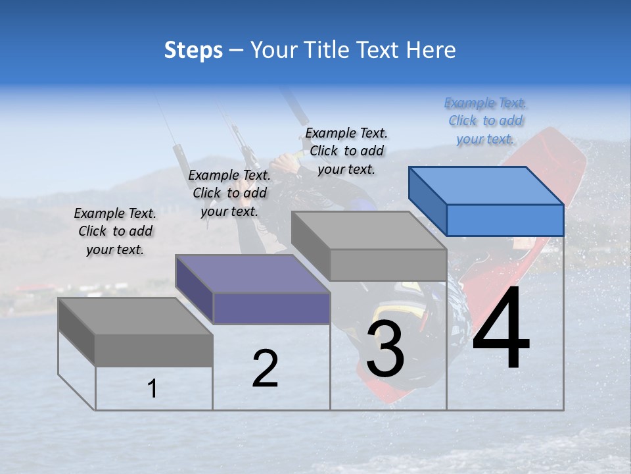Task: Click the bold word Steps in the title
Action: click(193, 50)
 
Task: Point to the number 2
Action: click(265, 369)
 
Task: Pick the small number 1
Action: click(152, 389)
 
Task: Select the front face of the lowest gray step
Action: click(154, 350)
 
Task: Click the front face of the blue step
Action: click(505, 220)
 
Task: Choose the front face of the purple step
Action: click(271, 308)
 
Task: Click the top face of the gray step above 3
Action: click(368, 230)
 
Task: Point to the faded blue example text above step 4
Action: click(486, 120)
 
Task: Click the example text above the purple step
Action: click(229, 193)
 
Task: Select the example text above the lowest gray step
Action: click(115, 231)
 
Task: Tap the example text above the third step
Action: click(346, 151)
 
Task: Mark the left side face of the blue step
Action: click(427, 200)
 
